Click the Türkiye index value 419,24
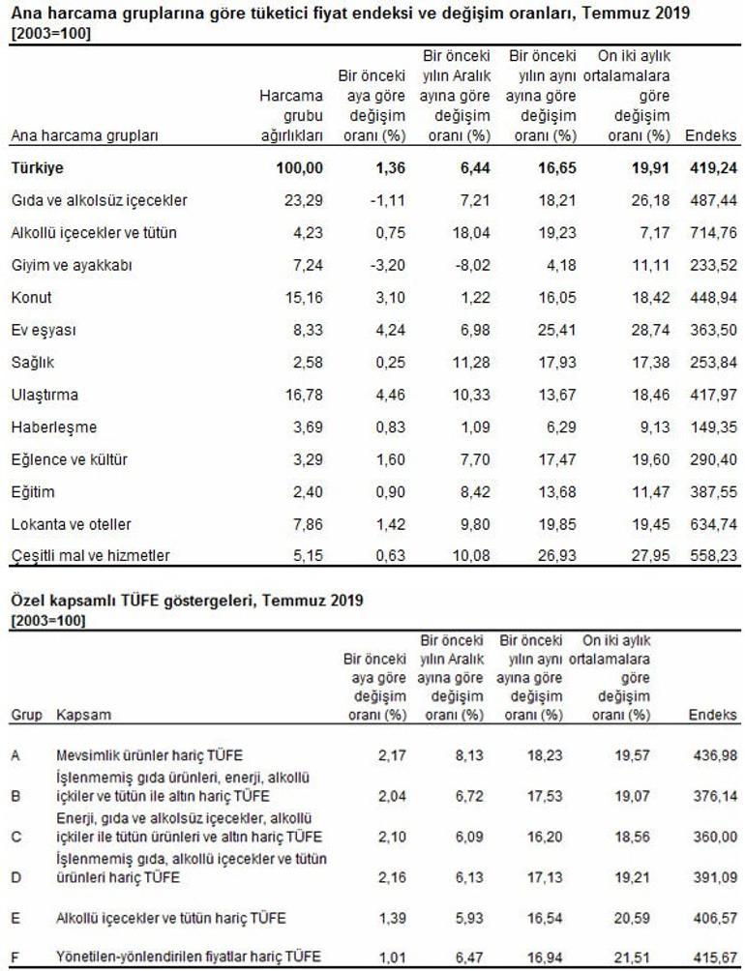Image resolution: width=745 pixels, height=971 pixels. tap(713, 168)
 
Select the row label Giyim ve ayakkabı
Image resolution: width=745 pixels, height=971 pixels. tap(72, 266)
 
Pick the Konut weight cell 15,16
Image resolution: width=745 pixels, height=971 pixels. tap(304, 297)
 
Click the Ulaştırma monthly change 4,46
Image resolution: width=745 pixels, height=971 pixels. tap(390, 395)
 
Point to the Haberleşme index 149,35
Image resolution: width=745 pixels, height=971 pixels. tap(713, 427)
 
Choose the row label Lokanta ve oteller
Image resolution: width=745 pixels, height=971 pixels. tap(72, 524)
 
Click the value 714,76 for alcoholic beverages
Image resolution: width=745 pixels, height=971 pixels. tap(713, 232)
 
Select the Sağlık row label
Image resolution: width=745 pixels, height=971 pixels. tap(32, 363)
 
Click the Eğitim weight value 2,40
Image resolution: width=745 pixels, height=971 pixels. tap(308, 491)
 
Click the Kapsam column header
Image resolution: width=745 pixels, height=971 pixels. tap(83, 715)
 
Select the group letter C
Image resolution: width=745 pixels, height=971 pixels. tap(16, 837)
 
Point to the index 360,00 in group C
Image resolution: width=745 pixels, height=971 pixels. tap(715, 837)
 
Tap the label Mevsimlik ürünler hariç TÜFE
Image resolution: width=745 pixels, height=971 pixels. tap(149, 755)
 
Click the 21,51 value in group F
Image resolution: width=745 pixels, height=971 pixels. tap(633, 956)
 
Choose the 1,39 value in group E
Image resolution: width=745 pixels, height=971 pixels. tap(392, 918)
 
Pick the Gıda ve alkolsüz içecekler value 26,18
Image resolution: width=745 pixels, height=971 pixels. tap(650, 200)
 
